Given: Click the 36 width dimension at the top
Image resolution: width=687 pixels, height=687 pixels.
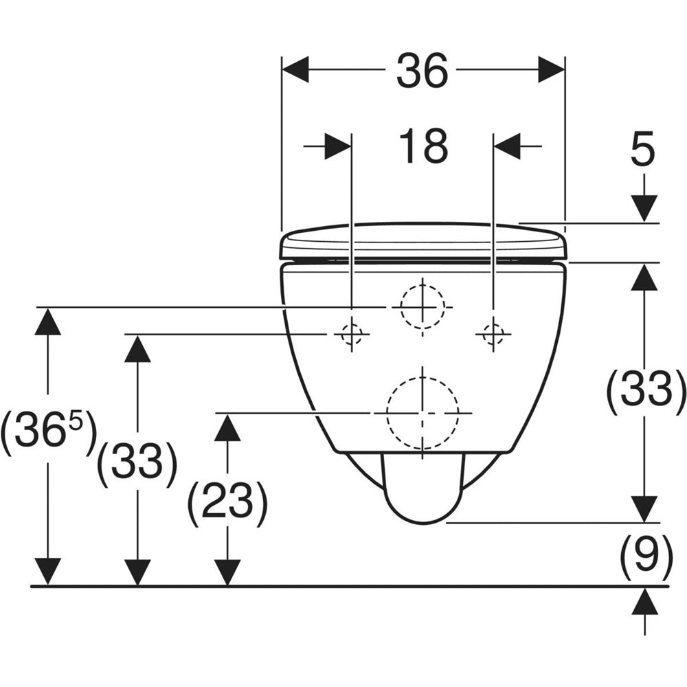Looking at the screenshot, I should point(422,70).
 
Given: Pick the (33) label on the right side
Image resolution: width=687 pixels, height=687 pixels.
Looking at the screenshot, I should point(645,389).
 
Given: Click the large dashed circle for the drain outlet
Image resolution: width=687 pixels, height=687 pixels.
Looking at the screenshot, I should point(423,412).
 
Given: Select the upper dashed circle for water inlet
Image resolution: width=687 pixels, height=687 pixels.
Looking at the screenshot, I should point(423,306).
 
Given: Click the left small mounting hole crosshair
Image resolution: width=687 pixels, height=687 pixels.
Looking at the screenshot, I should point(351,335).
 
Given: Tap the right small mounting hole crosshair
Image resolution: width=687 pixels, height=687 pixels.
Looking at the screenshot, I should point(493,335).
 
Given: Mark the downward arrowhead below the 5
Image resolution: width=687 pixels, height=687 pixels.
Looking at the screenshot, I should point(644,207).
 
